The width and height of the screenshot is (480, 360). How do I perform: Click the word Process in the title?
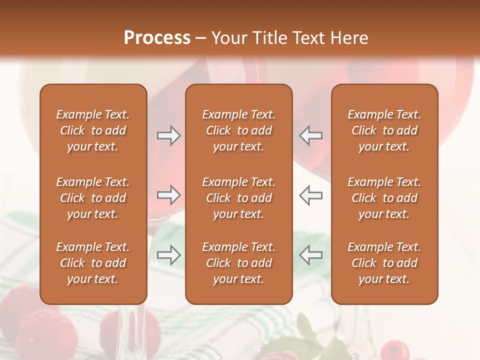pyautogui.click(x=157, y=38)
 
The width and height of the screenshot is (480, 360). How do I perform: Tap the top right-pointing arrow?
pyautogui.click(x=169, y=135)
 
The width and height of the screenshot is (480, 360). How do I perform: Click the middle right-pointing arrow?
pyautogui.click(x=169, y=195)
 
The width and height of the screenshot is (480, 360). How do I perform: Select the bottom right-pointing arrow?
pyautogui.click(x=169, y=255)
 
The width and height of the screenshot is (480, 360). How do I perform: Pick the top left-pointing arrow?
pyautogui.click(x=310, y=135)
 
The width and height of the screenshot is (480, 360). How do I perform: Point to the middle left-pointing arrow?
pyautogui.click(x=310, y=195)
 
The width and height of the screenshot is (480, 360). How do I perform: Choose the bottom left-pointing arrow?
pyautogui.click(x=310, y=255)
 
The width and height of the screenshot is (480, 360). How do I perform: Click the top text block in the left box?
pyautogui.click(x=93, y=130)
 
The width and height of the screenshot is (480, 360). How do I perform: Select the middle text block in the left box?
pyautogui.click(x=93, y=198)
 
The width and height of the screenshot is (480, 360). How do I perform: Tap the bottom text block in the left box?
pyautogui.click(x=93, y=263)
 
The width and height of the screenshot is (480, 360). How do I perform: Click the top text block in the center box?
pyautogui.click(x=239, y=130)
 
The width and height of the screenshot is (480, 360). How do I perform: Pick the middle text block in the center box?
pyautogui.click(x=239, y=198)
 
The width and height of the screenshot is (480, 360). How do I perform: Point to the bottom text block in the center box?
pyautogui.click(x=239, y=263)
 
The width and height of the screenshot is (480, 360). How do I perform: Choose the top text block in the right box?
pyautogui.click(x=384, y=130)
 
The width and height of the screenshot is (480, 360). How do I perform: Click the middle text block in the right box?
pyautogui.click(x=384, y=198)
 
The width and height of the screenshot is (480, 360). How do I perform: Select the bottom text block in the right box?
pyautogui.click(x=384, y=263)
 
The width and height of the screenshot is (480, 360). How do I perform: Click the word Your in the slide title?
pyautogui.click(x=228, y=38)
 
